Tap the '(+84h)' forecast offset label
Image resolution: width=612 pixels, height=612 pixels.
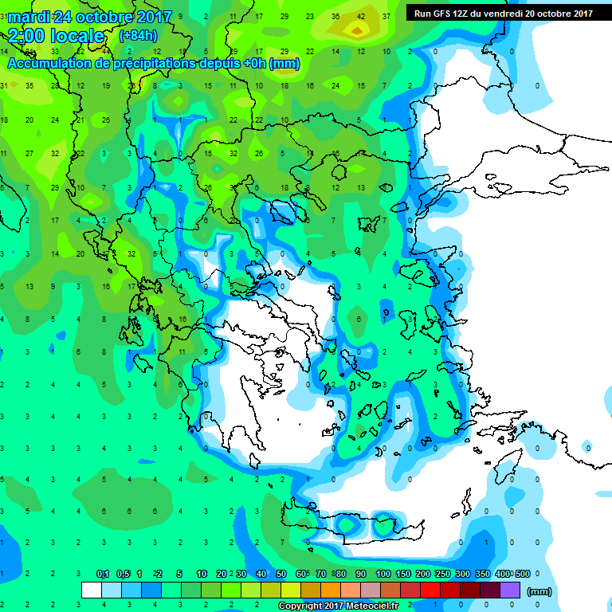(x=137, y=36)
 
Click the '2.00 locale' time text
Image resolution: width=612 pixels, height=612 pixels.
(x=56, y=36)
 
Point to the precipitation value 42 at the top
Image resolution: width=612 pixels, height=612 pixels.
(x=361, y=17)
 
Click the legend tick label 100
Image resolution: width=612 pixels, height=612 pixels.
(x=383, y=574)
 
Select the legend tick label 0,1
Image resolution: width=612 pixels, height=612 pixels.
(x=103, y=574)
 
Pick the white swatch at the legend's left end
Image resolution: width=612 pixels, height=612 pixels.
(x=92, y=590)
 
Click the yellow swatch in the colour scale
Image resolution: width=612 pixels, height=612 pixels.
(x=291, y=590)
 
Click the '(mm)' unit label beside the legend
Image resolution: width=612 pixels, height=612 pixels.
(x=539, y=591)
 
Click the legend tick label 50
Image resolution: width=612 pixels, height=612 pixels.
(x=281, y=574)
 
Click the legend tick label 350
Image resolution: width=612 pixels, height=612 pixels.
(x=482, y=574)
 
